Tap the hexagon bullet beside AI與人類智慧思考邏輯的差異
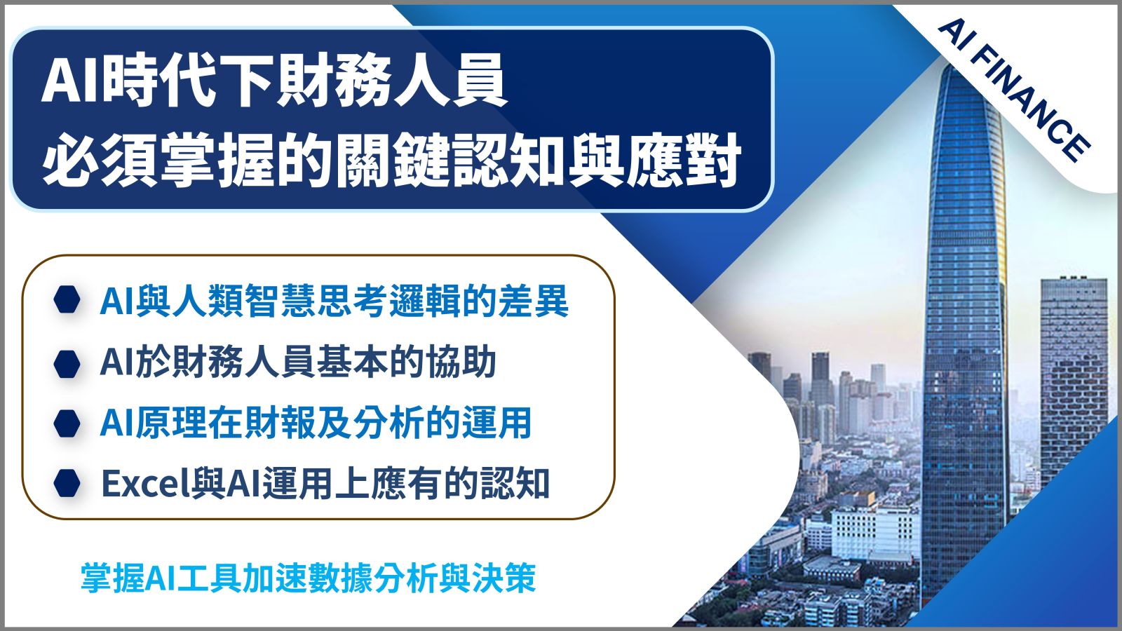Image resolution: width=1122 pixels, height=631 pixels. point(67,300)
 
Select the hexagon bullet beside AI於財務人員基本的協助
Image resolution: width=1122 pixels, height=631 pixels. point(67,364)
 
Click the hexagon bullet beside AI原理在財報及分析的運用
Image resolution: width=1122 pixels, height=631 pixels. point(67,423)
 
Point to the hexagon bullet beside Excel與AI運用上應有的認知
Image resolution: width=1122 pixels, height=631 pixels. point(67,483)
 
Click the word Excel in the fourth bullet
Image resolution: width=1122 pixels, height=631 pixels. point(141,483)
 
